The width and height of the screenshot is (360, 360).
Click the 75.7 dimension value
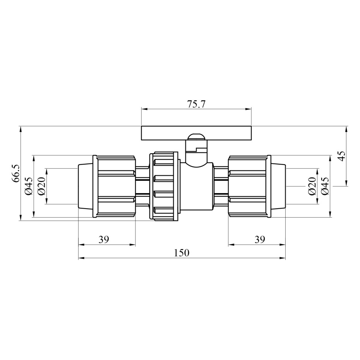(196, 104)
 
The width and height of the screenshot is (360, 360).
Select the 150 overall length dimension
(182, 253)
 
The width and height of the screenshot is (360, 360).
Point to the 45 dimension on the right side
(341, 156)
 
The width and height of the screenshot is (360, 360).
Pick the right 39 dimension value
(260, 240)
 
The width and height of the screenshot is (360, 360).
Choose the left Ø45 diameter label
(29, 186)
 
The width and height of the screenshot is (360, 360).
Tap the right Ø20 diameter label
(312, 186)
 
